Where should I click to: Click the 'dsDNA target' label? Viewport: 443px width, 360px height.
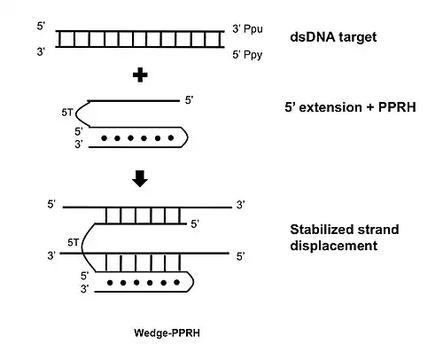333,37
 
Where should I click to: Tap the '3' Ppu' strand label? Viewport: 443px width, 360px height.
247,29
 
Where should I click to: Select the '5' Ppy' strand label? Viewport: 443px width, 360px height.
247,55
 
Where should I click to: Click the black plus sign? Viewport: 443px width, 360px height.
140,75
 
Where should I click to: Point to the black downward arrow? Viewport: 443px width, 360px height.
140,178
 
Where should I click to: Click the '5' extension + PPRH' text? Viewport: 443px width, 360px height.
350,107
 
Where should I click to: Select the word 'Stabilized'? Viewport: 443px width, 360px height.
317,230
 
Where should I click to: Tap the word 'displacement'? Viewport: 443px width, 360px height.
334,246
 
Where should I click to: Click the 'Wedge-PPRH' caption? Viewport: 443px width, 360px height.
167,333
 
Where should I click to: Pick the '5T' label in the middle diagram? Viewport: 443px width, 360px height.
67,113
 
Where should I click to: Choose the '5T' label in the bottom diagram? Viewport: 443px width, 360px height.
74,243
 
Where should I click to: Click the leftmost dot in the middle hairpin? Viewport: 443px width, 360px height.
104,138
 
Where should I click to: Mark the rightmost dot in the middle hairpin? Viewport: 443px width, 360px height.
171,137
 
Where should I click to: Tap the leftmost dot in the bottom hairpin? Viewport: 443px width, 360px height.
110,283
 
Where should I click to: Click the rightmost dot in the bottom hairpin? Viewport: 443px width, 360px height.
176,283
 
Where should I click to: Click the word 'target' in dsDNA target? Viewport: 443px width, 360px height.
358,38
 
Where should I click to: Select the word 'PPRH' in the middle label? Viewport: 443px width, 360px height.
397,107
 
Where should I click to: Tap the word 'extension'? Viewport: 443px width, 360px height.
330,107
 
